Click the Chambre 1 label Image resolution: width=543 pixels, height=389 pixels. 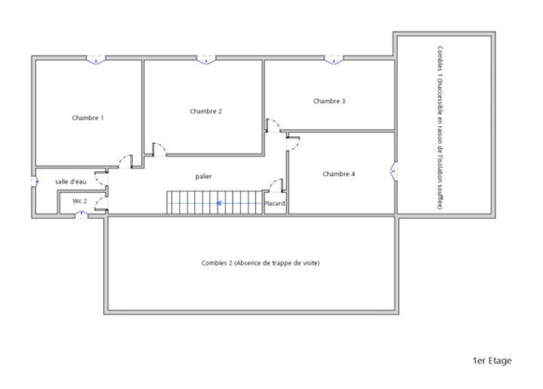coord(88,118)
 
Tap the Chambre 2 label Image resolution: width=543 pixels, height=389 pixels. coord(206,111)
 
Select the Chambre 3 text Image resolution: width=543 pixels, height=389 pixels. coord(329,101)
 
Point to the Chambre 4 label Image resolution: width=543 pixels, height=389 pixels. coord(339,174)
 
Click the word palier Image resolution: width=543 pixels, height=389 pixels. coord(204,176)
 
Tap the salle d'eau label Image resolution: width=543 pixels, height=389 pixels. coord(71,182)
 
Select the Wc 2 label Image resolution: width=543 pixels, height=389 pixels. coord(79,201)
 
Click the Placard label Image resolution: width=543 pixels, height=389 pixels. coord(275,203)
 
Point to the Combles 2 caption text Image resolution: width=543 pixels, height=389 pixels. coord(260,263)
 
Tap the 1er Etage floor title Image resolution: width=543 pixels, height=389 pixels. coord(492,361)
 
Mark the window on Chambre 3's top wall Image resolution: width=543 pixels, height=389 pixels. coord(333,60)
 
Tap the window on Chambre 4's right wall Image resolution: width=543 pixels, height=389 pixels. coord(394,171)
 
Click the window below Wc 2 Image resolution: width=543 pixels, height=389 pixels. coord(81,215)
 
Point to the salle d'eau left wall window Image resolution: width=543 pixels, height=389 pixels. coord(34,182)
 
